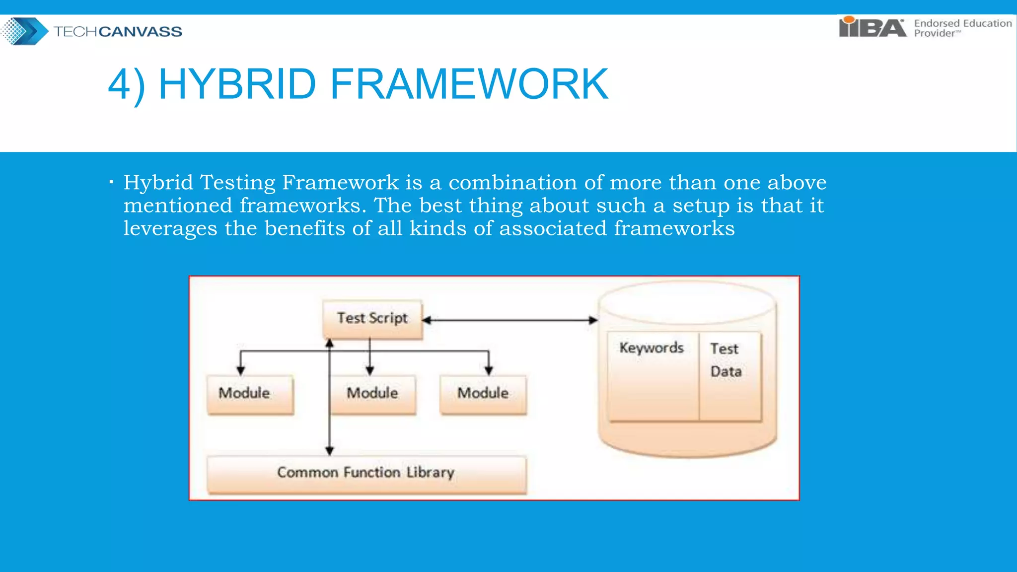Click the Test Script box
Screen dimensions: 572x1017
coord(372,318)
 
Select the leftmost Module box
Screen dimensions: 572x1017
coord(250,394)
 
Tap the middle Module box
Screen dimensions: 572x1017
coord(372,394)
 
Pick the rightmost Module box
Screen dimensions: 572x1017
coord(483,394)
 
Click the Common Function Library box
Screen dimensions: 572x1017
coord(366,473)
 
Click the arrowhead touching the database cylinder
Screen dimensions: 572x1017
coord(593,320)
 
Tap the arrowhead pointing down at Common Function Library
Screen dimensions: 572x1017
coord(329,450)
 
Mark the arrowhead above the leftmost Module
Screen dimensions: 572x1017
coord(241,370)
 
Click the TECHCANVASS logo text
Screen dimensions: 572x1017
coord(118,32)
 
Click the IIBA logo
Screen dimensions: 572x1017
coord(872,27)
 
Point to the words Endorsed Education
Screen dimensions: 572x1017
coord(962,23)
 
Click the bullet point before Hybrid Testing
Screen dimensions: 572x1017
coord(111,182)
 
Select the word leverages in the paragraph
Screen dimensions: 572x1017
coord(170,228)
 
